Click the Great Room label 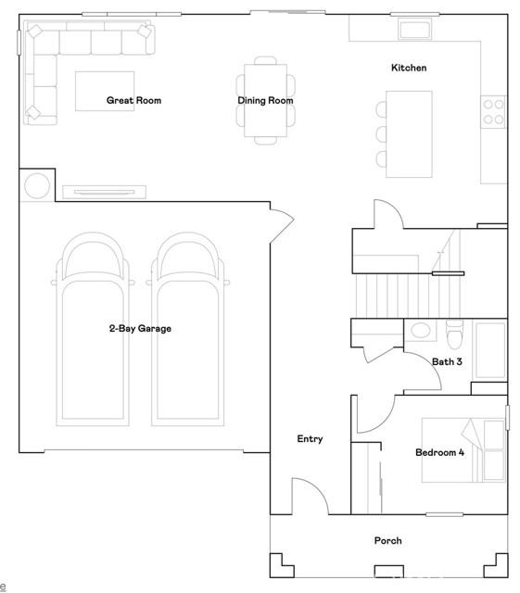pyautogui.click(x=133, y=100)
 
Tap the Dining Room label pyautogui.click(x=265, y=100)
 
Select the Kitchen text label pyautogui.click(x=409, y=68)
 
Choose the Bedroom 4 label pyautogui.click(x=439, y=452)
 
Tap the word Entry pyautogui.click(x=310, y=438)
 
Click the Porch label pyautogui.click(x=387, y=540)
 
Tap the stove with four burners pyautogui.click(x=493, y=111)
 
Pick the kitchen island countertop pyautogui.click(x=409, y=133)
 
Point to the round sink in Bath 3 pyautogui.click(x=420, y=330)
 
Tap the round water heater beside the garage pyautogui.click(x=37, y=186)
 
